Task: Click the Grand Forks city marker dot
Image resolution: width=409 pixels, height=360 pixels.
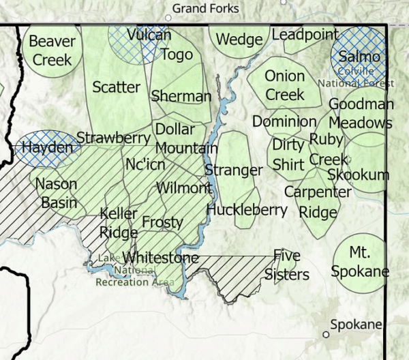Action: coord(168,18)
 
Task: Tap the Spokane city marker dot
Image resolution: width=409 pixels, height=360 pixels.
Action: coord(326,335)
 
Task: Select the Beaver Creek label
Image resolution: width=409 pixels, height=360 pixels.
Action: coord(52,50)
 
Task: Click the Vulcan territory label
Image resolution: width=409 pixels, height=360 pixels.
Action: coord(149,35)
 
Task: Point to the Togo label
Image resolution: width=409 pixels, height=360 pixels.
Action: coord(176,55)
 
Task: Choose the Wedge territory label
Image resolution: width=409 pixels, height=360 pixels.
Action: coord(239,40)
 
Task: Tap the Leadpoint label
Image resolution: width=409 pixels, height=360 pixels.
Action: coord(305,34)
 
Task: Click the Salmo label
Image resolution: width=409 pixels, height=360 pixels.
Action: coord(359,57)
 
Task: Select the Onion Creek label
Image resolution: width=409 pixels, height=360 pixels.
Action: coord(284,85)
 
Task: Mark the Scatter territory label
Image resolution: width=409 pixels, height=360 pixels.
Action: coord(116,87)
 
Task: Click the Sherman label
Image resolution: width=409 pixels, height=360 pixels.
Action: coord(181,96)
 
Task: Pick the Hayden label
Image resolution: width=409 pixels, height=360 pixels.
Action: coord(46,147)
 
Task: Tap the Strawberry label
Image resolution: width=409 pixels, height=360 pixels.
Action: coord(113,138)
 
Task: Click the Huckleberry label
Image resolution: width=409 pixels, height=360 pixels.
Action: coord(247,209)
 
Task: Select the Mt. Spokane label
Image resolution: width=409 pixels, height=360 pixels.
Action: coord(360,262)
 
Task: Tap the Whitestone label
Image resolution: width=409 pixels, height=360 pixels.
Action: coord(161,258)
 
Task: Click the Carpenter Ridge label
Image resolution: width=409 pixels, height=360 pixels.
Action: coord(318,202)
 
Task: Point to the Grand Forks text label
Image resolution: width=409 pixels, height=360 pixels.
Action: coord(206,8)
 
